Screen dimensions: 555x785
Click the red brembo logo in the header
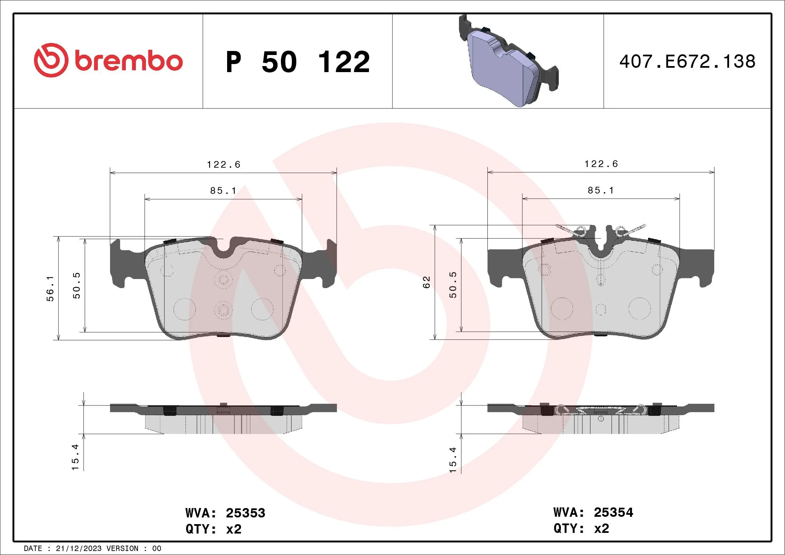[108, 61]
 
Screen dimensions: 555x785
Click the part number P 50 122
[298, 62]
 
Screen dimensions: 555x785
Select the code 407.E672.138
[687, 62]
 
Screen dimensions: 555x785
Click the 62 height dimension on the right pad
[426, 282]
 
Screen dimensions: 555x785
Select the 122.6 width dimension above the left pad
[224, 165]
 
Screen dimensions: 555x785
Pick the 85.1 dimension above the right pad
[601, 190]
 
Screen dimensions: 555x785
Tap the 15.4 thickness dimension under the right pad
[453, 460]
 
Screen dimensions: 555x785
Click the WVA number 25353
[245, 513]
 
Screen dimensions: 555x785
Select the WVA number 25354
[613, 512]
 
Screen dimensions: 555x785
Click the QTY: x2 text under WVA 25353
[213, 530]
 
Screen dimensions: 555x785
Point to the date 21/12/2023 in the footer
[78, 549]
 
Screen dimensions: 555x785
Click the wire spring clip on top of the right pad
[601, 231]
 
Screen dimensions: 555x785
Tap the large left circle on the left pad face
[185, 309]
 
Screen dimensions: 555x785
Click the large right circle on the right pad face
[639, 308]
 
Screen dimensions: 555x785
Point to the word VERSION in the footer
[122, 549]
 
